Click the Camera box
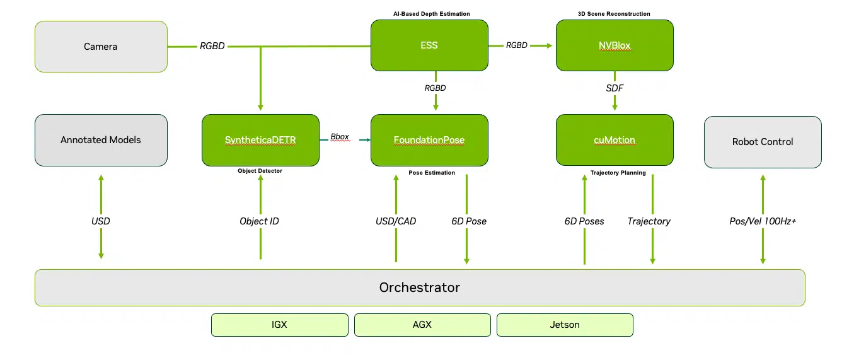coord(101,47)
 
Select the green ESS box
coord(429,45)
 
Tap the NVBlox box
coord(615,45)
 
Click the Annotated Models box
coord(101,140)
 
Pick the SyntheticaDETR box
coord(260,140)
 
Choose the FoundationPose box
coord(429,140)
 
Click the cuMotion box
coord(615,140)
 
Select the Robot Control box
coord(763,142)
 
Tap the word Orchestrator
coord(420,287)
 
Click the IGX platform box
coord(279,325)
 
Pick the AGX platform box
coord(422,325)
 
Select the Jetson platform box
coord(565,325)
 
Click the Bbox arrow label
coord(340,137)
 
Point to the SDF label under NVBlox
coord(615,88)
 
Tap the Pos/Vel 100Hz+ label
coord(763,221)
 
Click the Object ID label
coord(259,221)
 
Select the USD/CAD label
coord(396,221)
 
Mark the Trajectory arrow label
coord(649,221)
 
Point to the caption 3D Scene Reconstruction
coord(614,14)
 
